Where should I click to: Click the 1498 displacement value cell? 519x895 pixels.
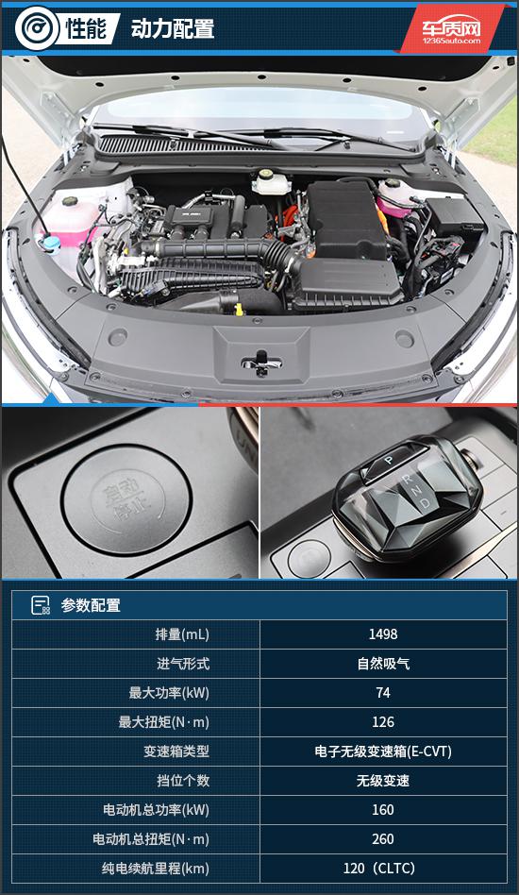point(383,634)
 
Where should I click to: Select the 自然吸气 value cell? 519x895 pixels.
point(383,664)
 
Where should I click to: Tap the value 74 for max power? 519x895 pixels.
point(383,692)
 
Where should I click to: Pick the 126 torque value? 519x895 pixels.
point(383,722)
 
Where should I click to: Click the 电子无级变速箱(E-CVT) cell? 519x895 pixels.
point(383,751)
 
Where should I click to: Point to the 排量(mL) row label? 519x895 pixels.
point(182,634)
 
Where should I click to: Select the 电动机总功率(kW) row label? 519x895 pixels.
point(156,810)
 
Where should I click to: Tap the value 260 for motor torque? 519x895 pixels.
point(383,839)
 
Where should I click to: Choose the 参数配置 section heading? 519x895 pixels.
point(91,605)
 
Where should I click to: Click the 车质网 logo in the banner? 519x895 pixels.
point(451,29)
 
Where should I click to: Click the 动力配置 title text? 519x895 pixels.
point(173,28)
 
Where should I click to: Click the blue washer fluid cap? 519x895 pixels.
point(51,244)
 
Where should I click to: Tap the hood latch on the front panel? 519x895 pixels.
point(261,363)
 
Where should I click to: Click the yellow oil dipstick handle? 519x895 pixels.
point(239,309)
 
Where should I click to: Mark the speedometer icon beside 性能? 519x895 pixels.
point(37,27)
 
